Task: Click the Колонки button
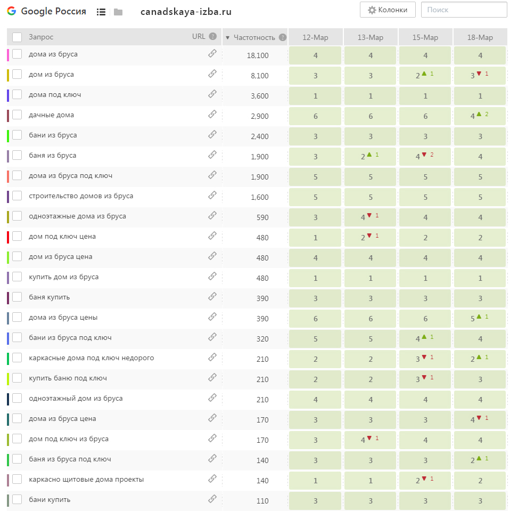point(387,10)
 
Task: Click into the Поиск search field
point(464,10)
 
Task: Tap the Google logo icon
point(11,11)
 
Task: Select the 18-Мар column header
point(480,37)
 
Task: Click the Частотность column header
point(254,37)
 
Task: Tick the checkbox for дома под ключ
point(17,94)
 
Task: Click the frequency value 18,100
point(258,55)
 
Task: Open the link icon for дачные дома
point(212,115)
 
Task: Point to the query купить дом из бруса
point(63,277)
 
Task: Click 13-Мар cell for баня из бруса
point(371,157)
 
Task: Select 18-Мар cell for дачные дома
point(480,116)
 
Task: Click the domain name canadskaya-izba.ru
point(186,12)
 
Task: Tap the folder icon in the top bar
point(118,12)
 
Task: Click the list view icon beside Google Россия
point(101,12)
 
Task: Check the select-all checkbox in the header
point(17,37)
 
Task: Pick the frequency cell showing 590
point(262,217)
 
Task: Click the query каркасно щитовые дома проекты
point(86,480)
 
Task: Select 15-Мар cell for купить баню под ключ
point(425,379)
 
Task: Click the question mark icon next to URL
point(212,36)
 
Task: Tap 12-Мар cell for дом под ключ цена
point(315,238)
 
